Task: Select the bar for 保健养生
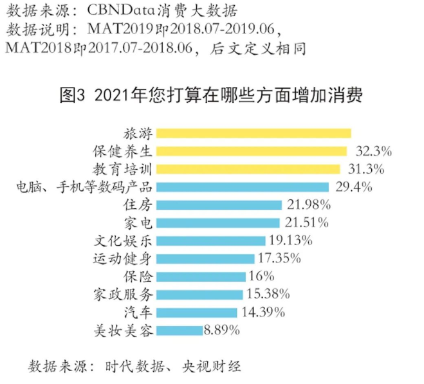click(252, 151)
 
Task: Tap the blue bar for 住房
click(219, 205)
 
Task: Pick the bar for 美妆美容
click(180, 331)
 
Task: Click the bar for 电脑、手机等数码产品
click(242, 187)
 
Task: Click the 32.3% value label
click(374, 152)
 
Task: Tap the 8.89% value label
click(222, 331)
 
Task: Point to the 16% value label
click(261, 277)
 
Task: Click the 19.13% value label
click(290, 241)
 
